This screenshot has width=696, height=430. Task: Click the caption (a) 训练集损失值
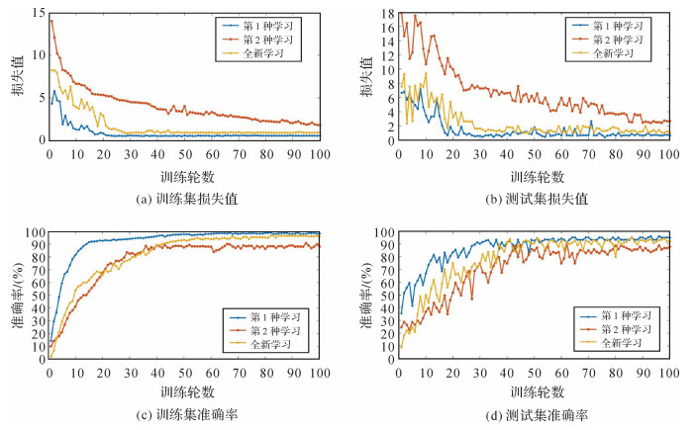pyautogui.click(x=184, y=198)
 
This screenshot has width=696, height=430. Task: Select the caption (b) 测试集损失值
pyautogui.click(x=535, y=198)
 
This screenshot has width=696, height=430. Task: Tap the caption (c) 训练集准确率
pyautogui.click(x=184, y=415)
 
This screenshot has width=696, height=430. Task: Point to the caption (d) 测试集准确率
pyautogui.click(x=535, y=415)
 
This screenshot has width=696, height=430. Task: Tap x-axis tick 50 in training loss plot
pyautogui.click(x=184, y=154)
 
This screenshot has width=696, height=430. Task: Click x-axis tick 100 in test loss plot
pyautogui.click(x=669, y=154)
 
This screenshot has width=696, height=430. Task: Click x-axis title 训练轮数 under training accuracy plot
pyautogui.click(x=184, y=392)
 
